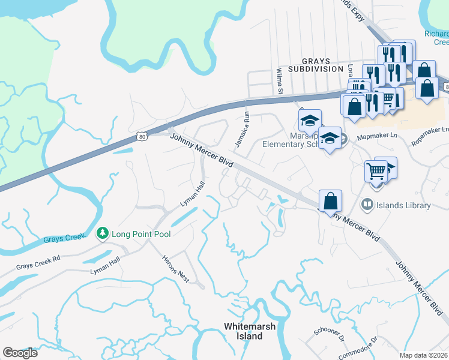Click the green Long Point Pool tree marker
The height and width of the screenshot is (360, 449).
pyautogui.click(x=103, y=233)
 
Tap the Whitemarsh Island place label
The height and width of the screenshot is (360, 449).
pyautogui.click(x=243, y=331)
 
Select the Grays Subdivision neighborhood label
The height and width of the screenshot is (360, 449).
pyautogui.click(x=314, y=65)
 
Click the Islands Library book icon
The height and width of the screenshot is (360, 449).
pyautogui.click(x=366, y=205)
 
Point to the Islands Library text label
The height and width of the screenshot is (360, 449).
pyautogui.click(x=403, y=205)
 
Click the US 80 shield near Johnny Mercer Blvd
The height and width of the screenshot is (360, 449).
pyautogui.click(x=142, y=137)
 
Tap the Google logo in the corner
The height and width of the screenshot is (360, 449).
pyautogui.click(x=20, y=353)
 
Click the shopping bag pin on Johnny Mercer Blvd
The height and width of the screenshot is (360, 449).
pyautogui.click(x=330, y=200)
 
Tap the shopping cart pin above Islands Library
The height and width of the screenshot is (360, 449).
pyautogui.click(x=376, y=170)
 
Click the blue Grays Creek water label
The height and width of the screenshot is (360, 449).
pyautogui.click(x=62, y=238)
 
